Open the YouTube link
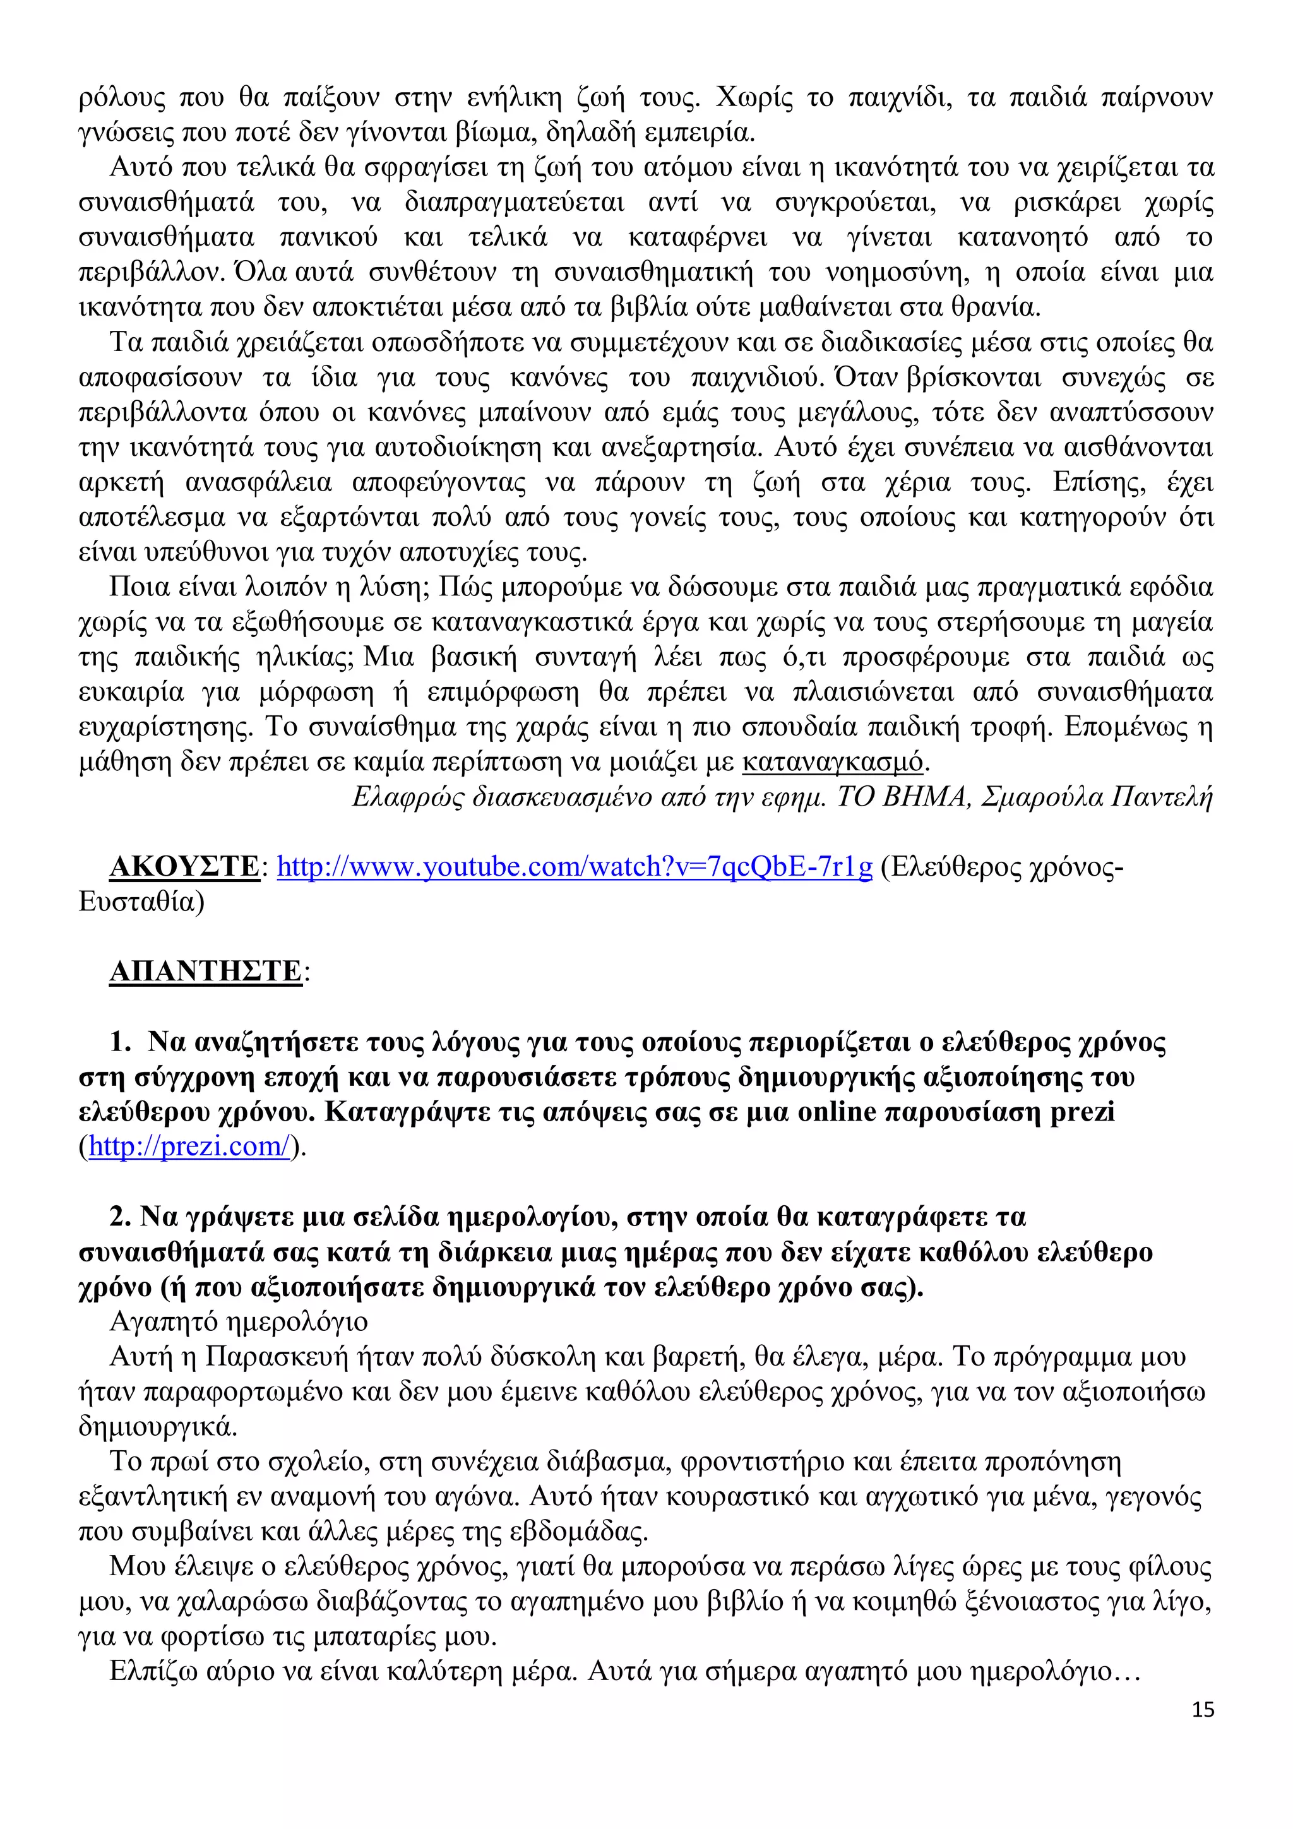[x=575, y=866]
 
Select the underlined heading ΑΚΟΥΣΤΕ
[x=184, y=866]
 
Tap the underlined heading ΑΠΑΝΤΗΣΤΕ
[x=206, y=971]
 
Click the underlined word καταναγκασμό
[x=833, y=763]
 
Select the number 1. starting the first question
[x=121, y=1041]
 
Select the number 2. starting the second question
[x=121, y=1217]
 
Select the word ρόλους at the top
[x=122, y=98]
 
